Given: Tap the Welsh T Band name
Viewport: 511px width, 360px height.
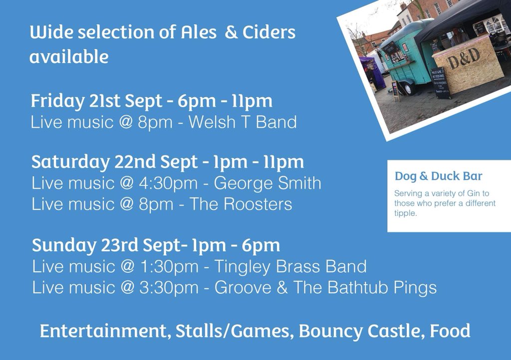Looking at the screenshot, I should pyautogui.click(x=243, y=122).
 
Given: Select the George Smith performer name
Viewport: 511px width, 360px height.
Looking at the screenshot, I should pyautogui.click(x=267, y=183).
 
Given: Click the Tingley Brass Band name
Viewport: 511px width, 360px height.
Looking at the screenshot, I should pyautogui.click(x=290, y=267).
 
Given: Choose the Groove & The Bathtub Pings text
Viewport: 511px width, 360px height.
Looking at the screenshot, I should pyautogui.click(x=325, y=288).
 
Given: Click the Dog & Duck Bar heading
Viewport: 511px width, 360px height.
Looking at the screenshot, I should pyautogui.click(x=439, y=176).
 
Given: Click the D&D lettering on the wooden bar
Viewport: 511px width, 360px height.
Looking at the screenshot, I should pyautogui.click(x=464, y=60).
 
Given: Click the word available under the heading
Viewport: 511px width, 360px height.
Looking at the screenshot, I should pyautogui.click(x=68, y=57).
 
